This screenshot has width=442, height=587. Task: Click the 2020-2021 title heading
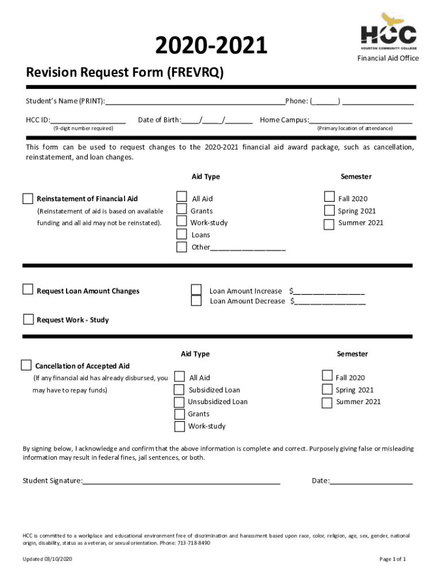tap(211, 46)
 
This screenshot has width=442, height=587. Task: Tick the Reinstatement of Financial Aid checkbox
tap(28, 199)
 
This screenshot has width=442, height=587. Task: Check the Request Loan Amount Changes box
tap(28, 289)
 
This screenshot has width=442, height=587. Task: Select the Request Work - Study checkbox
tap(28, 319)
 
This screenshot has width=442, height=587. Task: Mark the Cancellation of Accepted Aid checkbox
tap(26, 365)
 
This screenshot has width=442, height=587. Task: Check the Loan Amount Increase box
tap(196, 290)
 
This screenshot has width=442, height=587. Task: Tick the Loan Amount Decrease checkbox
tap(196, 301)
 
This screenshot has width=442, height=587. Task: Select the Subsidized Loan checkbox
tap(180, 390)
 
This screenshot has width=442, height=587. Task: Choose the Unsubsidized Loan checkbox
tap(180, 402)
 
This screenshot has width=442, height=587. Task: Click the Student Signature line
tap(181, 482)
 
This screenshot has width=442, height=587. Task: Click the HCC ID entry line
tap(88, 120)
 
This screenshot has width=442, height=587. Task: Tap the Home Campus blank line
tap(360, 120)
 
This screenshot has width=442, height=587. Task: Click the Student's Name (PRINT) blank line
tap(195, 102)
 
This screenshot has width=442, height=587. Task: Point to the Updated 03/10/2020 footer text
tap(48, 559)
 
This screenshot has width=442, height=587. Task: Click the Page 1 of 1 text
tap(393, 559)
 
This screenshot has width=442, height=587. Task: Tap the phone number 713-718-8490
tap(193, 542)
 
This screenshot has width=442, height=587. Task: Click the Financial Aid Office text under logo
tap(388, 58)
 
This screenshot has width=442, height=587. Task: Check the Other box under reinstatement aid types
tap(181, 247)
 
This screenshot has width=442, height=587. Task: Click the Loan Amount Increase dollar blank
tap(329, 291)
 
